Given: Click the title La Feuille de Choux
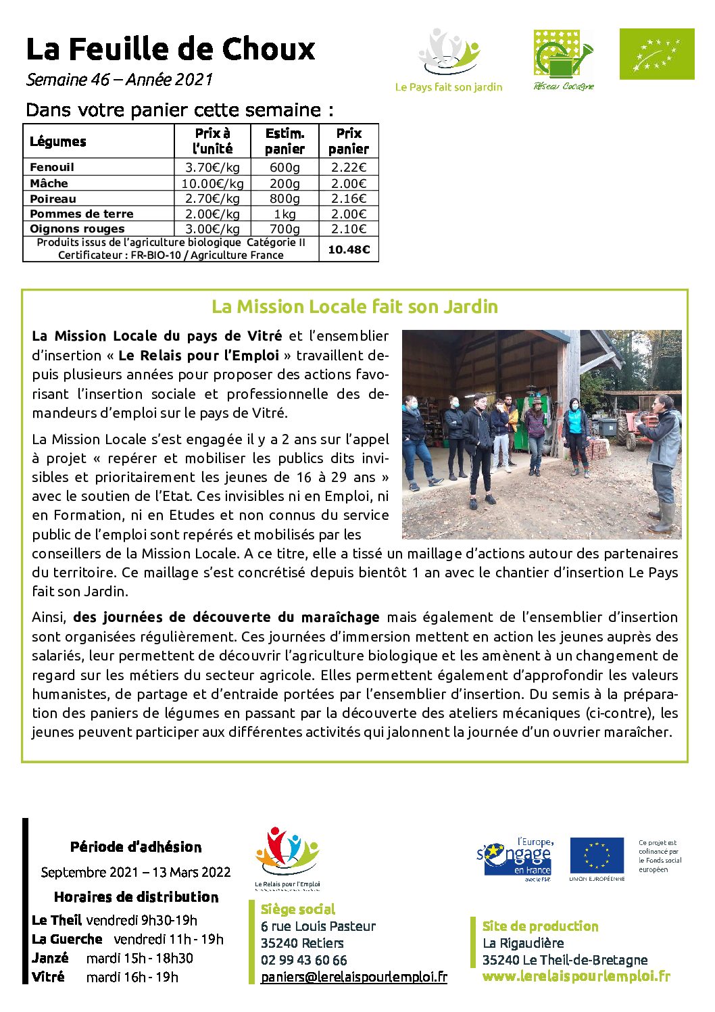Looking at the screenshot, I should click(170, 49).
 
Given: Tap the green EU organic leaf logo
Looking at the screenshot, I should click(656, 54).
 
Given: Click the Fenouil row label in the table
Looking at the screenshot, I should click(52, 167).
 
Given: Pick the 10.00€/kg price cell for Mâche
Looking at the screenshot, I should click(212, 183).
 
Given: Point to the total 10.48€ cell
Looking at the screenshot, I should click(349, 249).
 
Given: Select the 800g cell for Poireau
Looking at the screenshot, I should click(285, 199).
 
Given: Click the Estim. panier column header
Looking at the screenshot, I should click(285, 141).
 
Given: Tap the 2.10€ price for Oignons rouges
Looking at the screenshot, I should click(349, 229).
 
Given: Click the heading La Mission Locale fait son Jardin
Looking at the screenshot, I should click(355, 307).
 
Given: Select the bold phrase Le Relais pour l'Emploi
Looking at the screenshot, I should click(198, 356).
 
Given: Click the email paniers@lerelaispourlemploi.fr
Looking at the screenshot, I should click(353, 977).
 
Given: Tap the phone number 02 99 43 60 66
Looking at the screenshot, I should click(303, 960).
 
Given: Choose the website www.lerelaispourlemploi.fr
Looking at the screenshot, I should click(576, 976).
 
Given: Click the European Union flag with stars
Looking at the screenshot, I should click(596, 856).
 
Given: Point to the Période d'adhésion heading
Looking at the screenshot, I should click(136, 847).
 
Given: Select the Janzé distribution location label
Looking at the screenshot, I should click(50, 958).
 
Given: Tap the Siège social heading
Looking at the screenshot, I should click(297, 909).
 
